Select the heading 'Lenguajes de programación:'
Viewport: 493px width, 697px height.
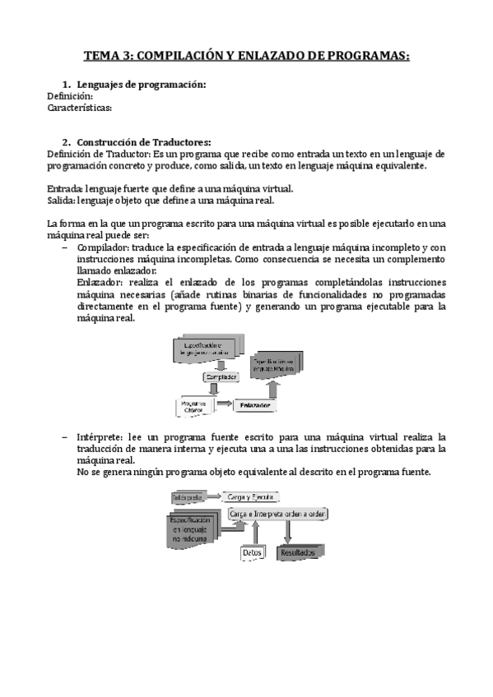[141, 85]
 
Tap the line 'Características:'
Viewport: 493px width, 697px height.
[80, 108]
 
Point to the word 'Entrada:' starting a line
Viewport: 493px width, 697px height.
[67, 188]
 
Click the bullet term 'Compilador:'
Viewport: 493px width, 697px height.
[103, 247]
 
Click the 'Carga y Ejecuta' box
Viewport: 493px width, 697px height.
[250, 497]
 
